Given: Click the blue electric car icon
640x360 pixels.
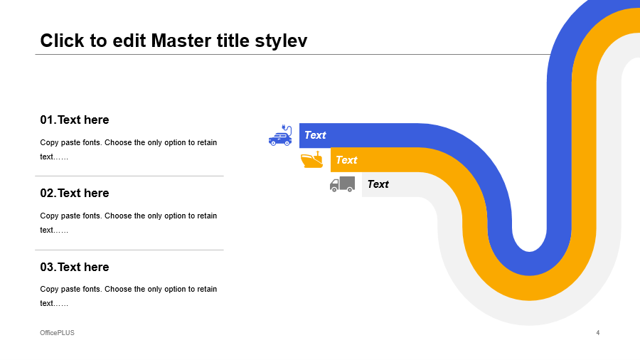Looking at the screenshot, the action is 280,135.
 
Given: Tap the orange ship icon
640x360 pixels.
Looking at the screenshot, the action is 312,159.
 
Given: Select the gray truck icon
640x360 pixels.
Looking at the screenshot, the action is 343,184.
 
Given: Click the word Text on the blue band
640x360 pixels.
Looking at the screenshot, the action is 315,135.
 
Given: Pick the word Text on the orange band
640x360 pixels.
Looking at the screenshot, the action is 346,160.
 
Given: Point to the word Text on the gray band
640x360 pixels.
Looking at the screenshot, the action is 378,184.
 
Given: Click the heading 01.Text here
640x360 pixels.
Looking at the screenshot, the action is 74,120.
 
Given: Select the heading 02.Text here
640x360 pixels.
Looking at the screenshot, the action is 74,193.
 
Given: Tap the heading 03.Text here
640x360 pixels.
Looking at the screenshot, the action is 74,267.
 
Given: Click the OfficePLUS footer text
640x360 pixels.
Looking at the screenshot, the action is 57,333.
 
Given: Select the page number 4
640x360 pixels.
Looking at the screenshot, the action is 598,333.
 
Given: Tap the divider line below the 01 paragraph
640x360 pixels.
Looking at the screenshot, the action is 129,176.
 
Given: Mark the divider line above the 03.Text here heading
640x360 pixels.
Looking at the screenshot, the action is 129,250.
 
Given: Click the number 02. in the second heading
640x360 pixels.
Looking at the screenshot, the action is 48,193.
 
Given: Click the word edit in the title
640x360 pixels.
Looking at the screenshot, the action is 129,41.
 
